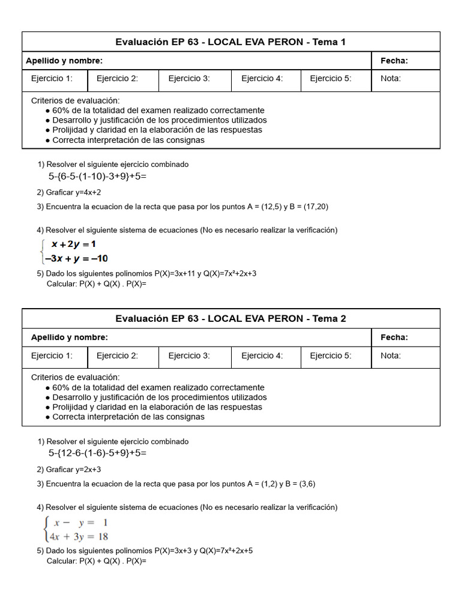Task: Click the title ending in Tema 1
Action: pos(230,42)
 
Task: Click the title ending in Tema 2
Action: pos(230,319)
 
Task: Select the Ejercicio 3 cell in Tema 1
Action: pos(189,78)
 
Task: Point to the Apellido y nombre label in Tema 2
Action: pos(70,338)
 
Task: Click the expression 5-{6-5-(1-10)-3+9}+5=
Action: pos(97,177)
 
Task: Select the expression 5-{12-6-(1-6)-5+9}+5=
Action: pos(97,453)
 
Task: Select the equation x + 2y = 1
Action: pos(73,244)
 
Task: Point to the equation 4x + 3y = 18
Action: pos(76,536)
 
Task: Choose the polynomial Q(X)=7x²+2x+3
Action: pos(232,273)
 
